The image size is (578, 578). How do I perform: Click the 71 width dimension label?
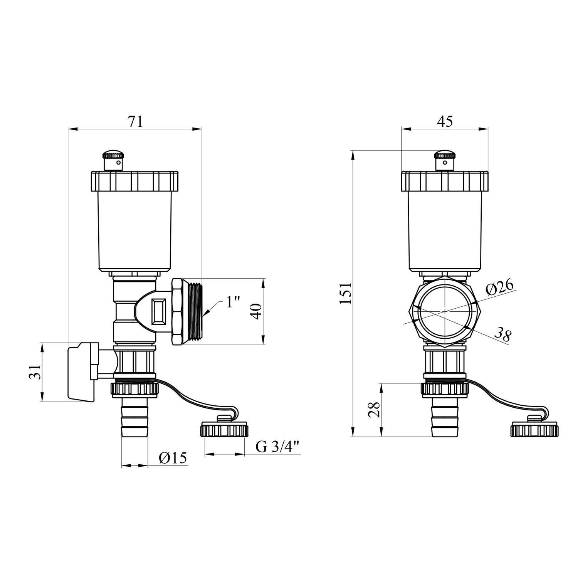point(135,121)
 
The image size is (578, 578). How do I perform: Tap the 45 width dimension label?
point(445,121)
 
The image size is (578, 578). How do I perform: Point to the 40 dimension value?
point(257,311)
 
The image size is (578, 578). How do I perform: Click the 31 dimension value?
point(35,372)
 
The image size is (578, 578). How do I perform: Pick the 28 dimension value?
point(374,410)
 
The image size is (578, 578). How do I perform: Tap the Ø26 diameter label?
point(499,288)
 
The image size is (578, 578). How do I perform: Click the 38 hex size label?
point(502,335)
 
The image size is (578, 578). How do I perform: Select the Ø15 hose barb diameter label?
point(173,458)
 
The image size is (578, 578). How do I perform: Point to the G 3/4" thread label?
point(277,447)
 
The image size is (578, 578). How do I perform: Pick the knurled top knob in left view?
point(113,161)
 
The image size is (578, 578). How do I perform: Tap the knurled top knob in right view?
point(445,161)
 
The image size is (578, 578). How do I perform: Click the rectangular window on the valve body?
point(158,311)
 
